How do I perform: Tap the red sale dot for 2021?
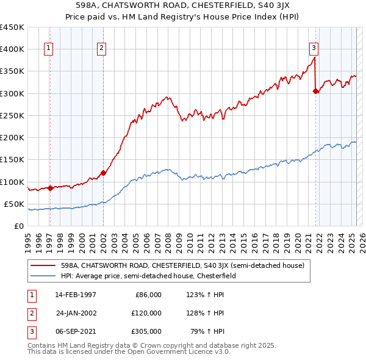[316, 92]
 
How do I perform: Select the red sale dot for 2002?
[103, 173]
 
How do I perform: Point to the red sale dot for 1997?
[50, 188]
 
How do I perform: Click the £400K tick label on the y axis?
[12, 49]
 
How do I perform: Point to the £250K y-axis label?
[12, 115]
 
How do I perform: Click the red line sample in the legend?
[43, 265]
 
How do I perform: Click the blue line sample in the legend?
[43, 276]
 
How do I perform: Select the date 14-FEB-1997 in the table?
[76, 295]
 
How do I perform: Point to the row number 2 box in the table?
[29, 313]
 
